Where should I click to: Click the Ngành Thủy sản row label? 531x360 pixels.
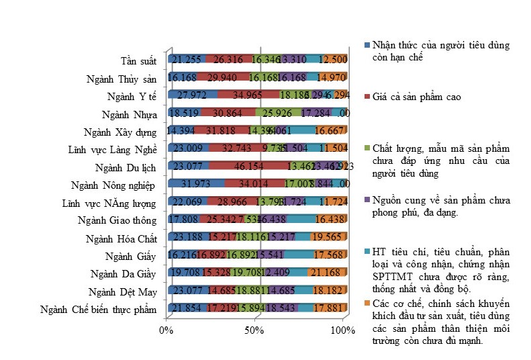(x=121, y=79)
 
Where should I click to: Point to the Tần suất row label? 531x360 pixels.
(x=138, y=61)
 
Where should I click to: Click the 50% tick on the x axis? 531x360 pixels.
(x=253, y=330)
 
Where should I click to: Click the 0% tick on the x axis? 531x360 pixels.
(x=165, y=330)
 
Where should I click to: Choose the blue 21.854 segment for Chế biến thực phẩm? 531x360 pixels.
(x=186, y=308)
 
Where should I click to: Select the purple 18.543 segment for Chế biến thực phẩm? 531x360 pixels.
(x=281, y=308)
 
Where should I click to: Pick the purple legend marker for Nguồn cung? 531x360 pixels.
(x=367, y=199)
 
